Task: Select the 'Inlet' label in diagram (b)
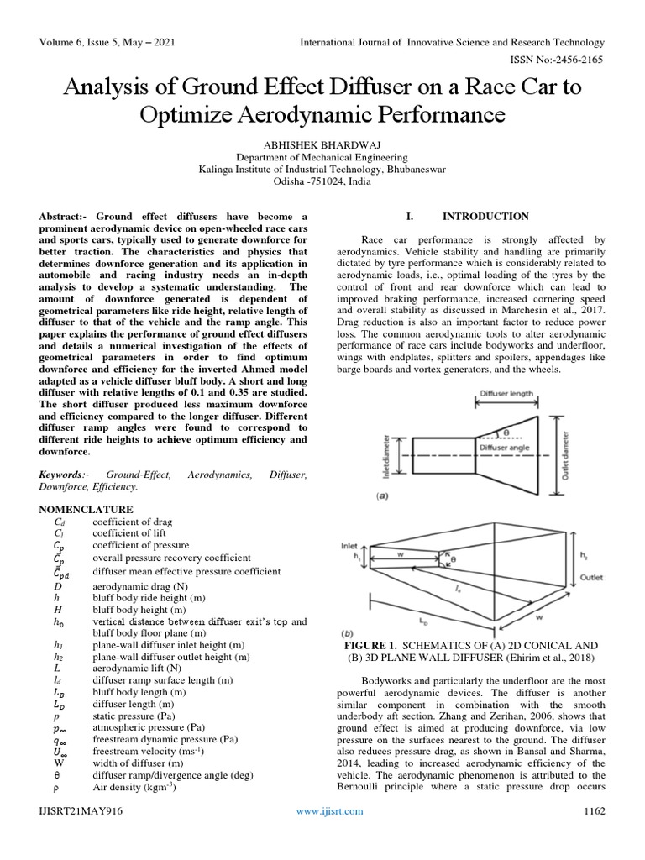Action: click(x=349, y=545)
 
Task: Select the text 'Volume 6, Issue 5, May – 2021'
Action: click(x=103, y=43)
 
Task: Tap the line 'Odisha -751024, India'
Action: click(x=322, y=181)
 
